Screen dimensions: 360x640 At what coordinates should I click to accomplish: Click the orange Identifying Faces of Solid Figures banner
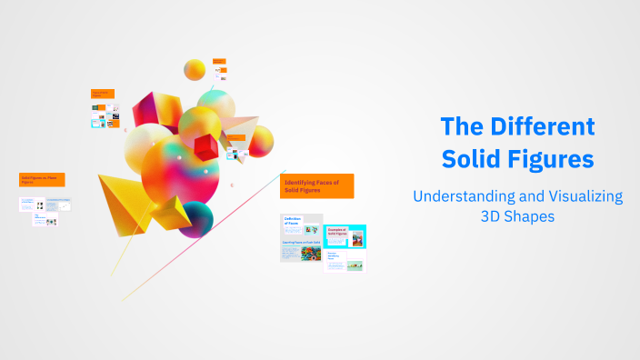tap(316, 186)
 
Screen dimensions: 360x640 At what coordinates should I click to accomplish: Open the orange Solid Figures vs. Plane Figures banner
tap(42, 180)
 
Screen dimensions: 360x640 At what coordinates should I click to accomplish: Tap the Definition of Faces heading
tap(294, 222)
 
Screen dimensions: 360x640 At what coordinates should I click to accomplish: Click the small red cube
tap(205, 145)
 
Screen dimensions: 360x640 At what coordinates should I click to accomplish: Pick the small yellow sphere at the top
tap(195, 69)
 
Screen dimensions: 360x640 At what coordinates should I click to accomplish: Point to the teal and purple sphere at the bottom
tap(195, 219)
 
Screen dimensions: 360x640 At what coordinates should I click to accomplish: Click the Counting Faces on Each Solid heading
tap(301, 244)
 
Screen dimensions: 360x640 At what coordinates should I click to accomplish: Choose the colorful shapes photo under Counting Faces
tap(301, 257)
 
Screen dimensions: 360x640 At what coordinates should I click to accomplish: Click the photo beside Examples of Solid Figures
tap(357, 240)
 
